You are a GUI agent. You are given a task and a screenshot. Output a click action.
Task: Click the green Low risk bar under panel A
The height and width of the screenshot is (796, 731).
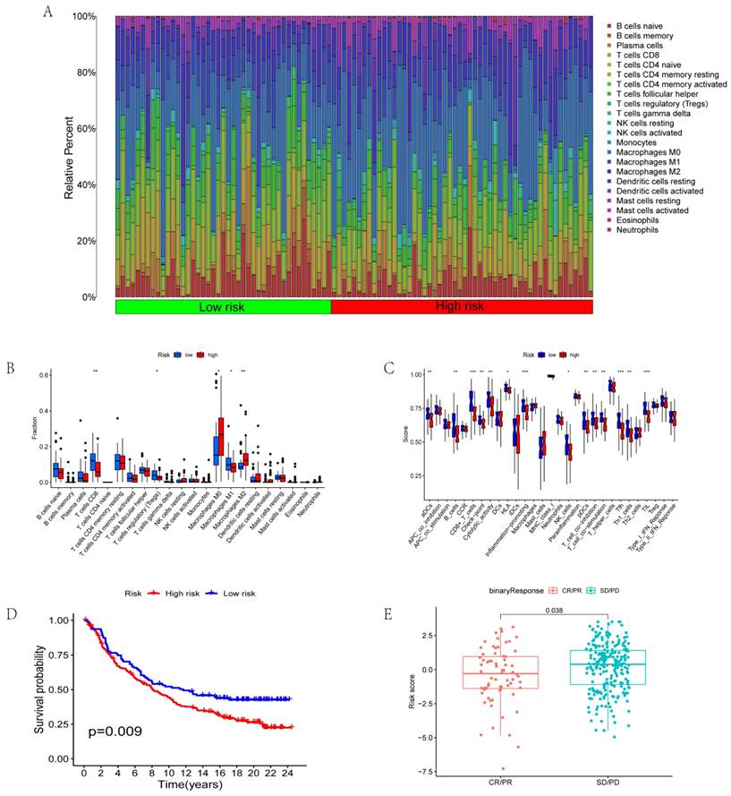pyautogui.click(x=223, y=306)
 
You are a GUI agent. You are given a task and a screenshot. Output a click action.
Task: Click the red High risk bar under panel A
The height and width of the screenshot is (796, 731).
pyautogui.click(x=462, y=306)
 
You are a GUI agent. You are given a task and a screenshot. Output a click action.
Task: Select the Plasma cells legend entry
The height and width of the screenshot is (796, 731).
pyautogui.click(x=641, y=45)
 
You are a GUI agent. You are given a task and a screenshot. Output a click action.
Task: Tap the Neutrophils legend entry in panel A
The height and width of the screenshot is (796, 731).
pyautogui.click(x=639, y=230)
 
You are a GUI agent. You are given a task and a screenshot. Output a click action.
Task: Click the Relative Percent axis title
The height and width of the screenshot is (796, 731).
pyautogui.click(x=70, y=157)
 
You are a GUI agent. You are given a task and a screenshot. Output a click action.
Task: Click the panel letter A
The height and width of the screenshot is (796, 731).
pyautogui.click(x=47, y=13)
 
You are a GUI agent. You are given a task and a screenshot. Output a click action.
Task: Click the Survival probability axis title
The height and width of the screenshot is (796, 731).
pyautogui.click(x=39, y=684)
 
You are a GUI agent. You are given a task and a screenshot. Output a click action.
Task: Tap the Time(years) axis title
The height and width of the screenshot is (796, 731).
pyautogui.click(x=186, y=788)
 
